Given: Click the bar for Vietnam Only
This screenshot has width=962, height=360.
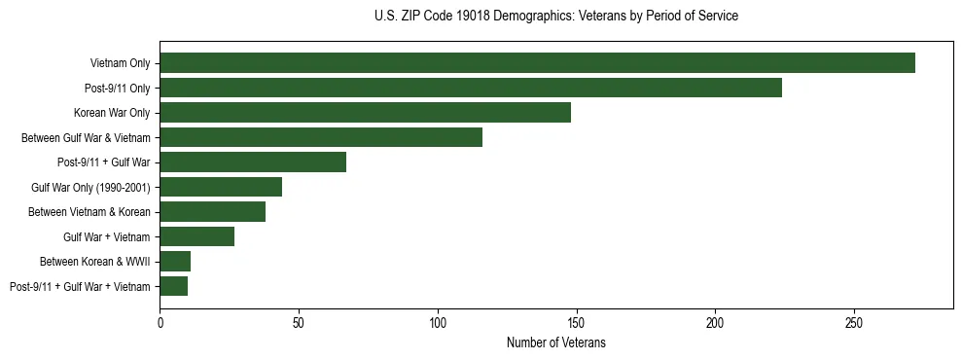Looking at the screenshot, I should click(x=537, y=63).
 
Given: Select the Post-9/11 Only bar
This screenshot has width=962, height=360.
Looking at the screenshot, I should click(x=471, y=88).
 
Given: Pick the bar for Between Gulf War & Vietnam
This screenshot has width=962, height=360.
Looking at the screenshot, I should click(x=321, y=137).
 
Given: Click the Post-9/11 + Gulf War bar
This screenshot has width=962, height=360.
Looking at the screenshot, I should click(x=253, y=162).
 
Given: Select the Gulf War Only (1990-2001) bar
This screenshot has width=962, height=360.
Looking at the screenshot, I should click(x=221, y=187).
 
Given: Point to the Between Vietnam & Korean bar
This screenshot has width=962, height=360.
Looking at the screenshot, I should click(x=212, y=212).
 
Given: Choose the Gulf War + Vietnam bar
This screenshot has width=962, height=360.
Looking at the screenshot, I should click(x=196, y=236).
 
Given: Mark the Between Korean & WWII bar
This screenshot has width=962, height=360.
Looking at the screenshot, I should click(x=175, y=261).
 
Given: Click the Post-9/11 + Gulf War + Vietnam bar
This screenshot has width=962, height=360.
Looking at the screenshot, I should click(x=173, y=286).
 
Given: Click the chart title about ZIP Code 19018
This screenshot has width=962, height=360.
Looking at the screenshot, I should click(x=555, y=17).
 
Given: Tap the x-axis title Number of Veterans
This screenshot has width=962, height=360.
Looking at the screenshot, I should click(x=555, y=343).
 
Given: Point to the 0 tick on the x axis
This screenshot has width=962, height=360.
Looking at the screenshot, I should click(x=160, y=322).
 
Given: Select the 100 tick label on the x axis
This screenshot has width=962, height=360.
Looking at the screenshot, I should click(x=438, y=322).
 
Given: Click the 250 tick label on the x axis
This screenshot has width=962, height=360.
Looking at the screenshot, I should click(x=853, y=322).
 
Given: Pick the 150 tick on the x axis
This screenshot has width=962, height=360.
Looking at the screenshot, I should click(x=576, y=322).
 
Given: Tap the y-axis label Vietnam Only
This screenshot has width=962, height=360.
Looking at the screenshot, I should click(x=120, y=63).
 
